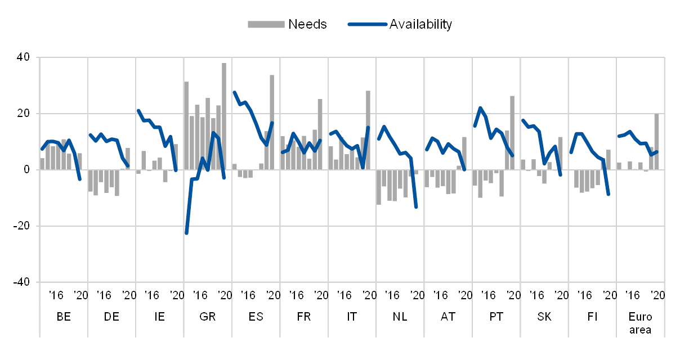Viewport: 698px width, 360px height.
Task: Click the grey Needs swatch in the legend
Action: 266,24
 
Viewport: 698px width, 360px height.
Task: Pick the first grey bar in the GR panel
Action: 186,125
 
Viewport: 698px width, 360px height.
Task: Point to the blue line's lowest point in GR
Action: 186,233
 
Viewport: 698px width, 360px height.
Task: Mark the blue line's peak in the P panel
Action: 480,107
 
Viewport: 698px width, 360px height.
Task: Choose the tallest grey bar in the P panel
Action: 512,132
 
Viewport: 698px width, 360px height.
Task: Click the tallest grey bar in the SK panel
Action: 560,152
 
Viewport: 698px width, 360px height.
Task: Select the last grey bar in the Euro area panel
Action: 656,141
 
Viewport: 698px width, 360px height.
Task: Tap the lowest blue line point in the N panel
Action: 416,208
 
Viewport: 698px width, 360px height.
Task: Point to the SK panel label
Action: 544,316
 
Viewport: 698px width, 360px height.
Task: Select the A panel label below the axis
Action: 445,316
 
